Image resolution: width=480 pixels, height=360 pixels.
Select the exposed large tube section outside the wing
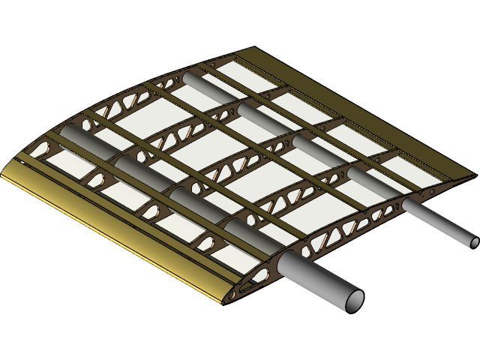click(x=319, y=277)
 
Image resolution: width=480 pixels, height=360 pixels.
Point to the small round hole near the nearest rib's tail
click(x=431, y=192)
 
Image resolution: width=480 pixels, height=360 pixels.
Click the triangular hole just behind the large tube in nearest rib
click(x=307, y=251)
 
